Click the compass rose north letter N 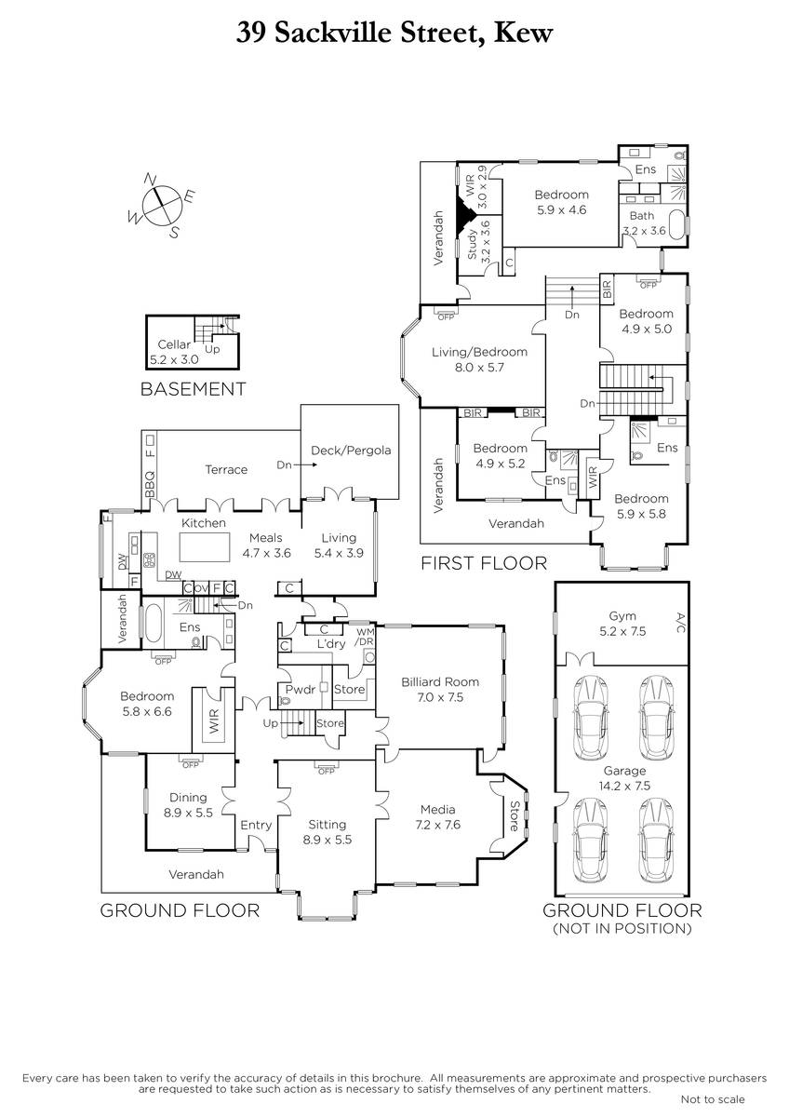[x=150, y=179]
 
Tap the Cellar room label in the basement [x=174, y=344]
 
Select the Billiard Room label [x=440, y=681]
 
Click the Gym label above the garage [x=622, y=616]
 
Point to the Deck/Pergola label [x=351, y=451]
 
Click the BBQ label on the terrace [x=150, y=484]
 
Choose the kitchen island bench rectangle [x=205, y=547]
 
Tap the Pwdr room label [x=300, y=689]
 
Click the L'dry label [x=331, y=643]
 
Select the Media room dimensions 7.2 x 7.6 [x=438, y=825]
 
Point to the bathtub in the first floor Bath [x=675, y=225]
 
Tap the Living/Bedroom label [x=479, y=352]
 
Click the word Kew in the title [x=523, y=34]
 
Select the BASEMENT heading [x=194, y=389]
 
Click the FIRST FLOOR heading [x=484, y=563]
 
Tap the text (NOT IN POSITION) [x=622, y=928]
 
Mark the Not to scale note [x=713, y=1099]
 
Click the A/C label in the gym [x=681, y=623]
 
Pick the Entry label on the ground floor [x=256, y=826]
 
